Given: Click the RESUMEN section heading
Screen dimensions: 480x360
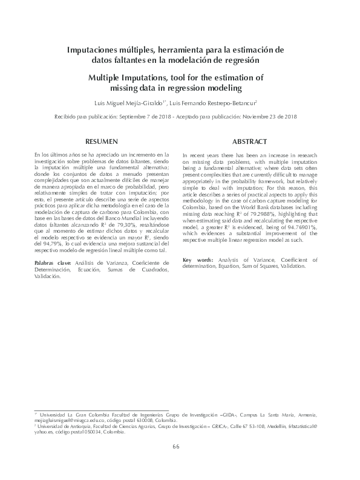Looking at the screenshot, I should pyautogui.click(x=101, y=141).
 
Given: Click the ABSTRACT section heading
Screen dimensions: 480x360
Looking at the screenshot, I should pyautogui.click(x=250, y=141).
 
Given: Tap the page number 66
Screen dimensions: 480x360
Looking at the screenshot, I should pyautogui.click(x=177, y=447).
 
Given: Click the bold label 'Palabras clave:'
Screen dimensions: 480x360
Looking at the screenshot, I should pyautogui.click(x=53, y=264).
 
